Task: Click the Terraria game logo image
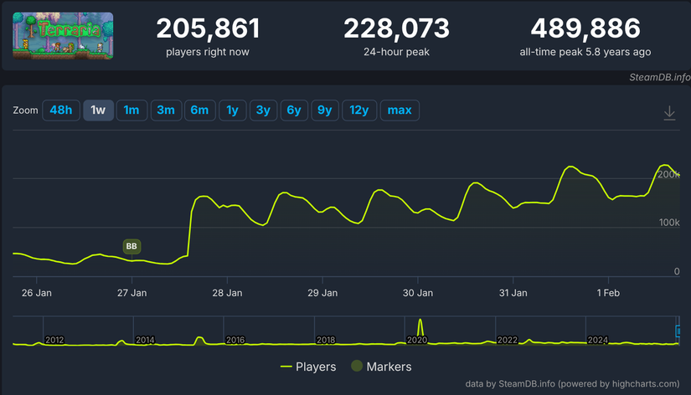[x=63, y=36]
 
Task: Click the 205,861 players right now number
[x=208, y=29]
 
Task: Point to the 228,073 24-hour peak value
[x=396, y=29]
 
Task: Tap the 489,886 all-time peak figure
[x=585, y=29]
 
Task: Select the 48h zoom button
[x=61, y=110]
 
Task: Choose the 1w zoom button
[x=98, y=110]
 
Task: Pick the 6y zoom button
[x=293, y=110]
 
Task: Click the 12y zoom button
[x=358, y=110]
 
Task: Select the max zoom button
[x=400, y=110]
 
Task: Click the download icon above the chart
[x=669, y=113]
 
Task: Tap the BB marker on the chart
[x=131, y=246]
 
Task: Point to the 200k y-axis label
[x=668, y=174]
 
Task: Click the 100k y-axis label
[x=668, y=223]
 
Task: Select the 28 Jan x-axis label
[x=228, y=293]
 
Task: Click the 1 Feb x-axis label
[x=608, y=293]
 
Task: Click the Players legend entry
[x=308, y=367]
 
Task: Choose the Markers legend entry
[x=381, y=367]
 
